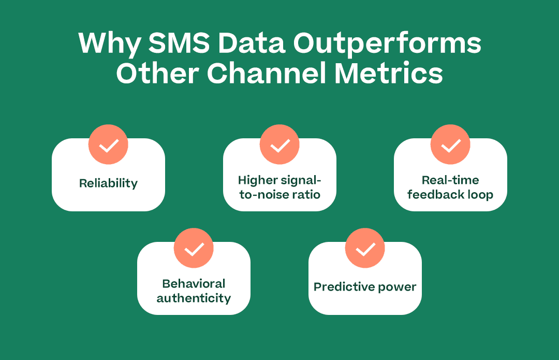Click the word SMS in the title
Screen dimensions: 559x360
(x=179, y=43)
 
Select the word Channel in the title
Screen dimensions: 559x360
(x=267, y=73)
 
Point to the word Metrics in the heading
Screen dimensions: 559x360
(x=389, y=73)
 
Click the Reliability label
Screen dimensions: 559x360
(x=108, y=183)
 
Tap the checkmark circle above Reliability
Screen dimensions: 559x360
(x=108, y=145)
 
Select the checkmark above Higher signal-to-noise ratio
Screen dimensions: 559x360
(x=279, y=145)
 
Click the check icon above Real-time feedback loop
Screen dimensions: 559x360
(x=450, y=145)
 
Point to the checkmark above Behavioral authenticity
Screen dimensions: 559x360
(x=194, y=248)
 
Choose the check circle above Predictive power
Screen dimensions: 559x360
(x=365, y=248)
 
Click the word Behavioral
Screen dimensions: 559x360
(x=194, y=284)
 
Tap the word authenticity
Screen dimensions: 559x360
(x=194, y=298)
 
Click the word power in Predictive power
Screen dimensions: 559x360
(x=397, y=288)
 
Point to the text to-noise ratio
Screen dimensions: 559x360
(x=280, y=195)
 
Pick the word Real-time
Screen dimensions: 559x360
(x=450, y=180)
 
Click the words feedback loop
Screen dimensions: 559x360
(x=450, y=194)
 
